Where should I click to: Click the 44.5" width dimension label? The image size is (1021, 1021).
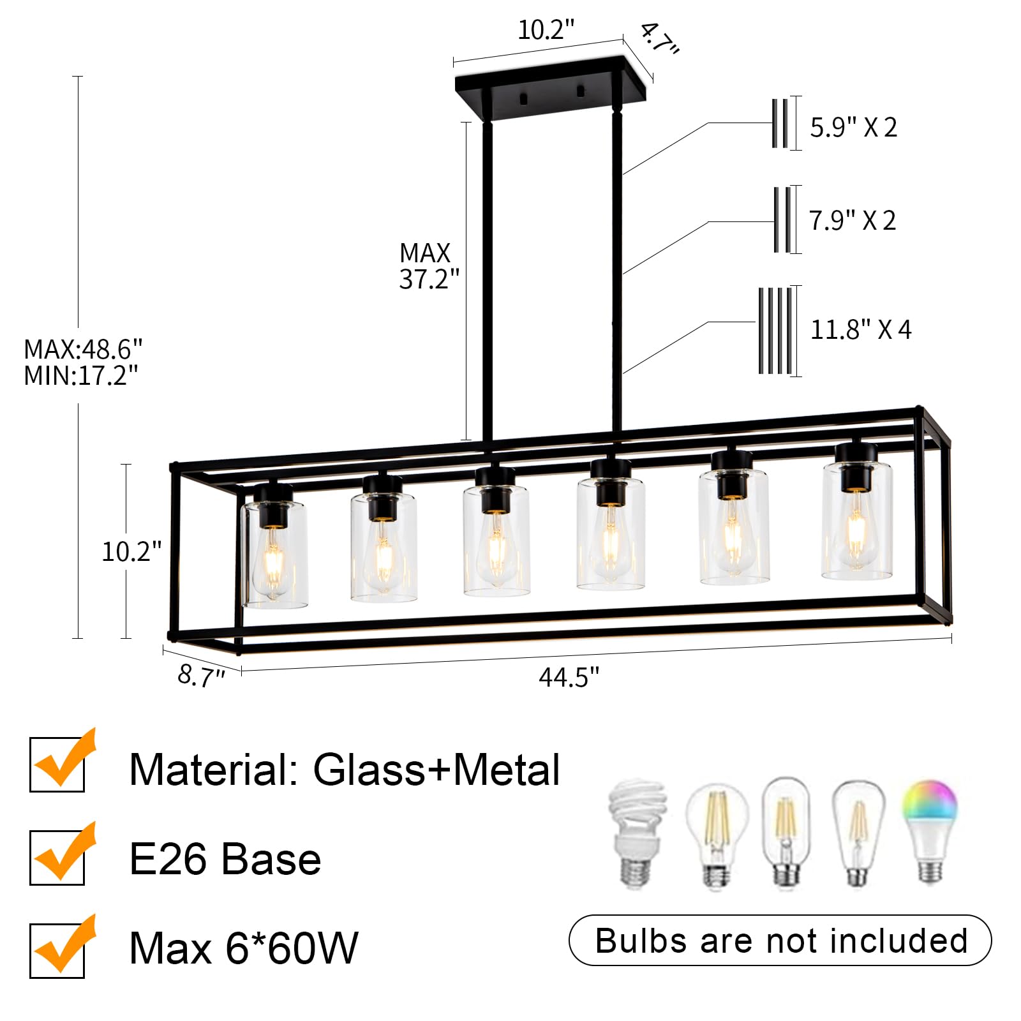(x=569, y=677)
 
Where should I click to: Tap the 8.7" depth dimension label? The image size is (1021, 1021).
(x=201, y=675)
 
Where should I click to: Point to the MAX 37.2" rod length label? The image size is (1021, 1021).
(x=428, y=266)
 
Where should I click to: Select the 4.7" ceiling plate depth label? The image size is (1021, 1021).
(x=659, y=39)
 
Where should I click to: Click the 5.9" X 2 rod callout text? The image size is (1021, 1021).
(x=853, y=128)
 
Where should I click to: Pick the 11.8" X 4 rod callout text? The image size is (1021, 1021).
(x=860, y=330)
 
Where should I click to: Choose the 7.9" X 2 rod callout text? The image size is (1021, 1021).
(x=852, y=221)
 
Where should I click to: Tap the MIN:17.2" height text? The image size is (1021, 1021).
(x=81, y=376)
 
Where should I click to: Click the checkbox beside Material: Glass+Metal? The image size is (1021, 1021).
(x=57, y=764)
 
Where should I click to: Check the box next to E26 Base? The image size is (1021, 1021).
(x=57, y=858)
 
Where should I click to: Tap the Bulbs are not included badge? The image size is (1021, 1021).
(x=780, y=941)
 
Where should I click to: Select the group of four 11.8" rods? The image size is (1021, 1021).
(x=775, y=331)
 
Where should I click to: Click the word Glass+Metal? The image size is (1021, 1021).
(x=436, y=770)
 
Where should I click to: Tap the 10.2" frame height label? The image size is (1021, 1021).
(x=131, y=551)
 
